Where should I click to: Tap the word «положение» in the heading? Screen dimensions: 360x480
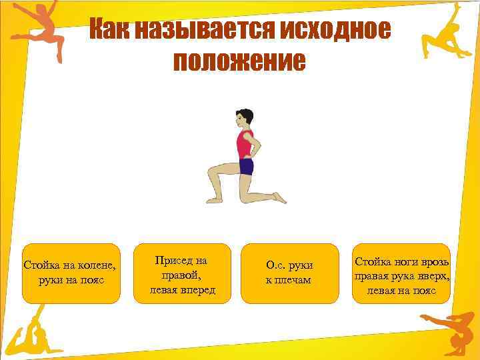(239, 62)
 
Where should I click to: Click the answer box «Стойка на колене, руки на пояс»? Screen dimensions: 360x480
(70, 273)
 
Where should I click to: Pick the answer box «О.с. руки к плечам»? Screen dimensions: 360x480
(288, 273)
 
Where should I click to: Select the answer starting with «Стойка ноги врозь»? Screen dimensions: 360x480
(401, 273)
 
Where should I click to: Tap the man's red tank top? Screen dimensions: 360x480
(245, 144)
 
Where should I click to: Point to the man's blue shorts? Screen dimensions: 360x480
(246, 166)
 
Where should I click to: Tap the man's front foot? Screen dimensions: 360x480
(214, 199)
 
